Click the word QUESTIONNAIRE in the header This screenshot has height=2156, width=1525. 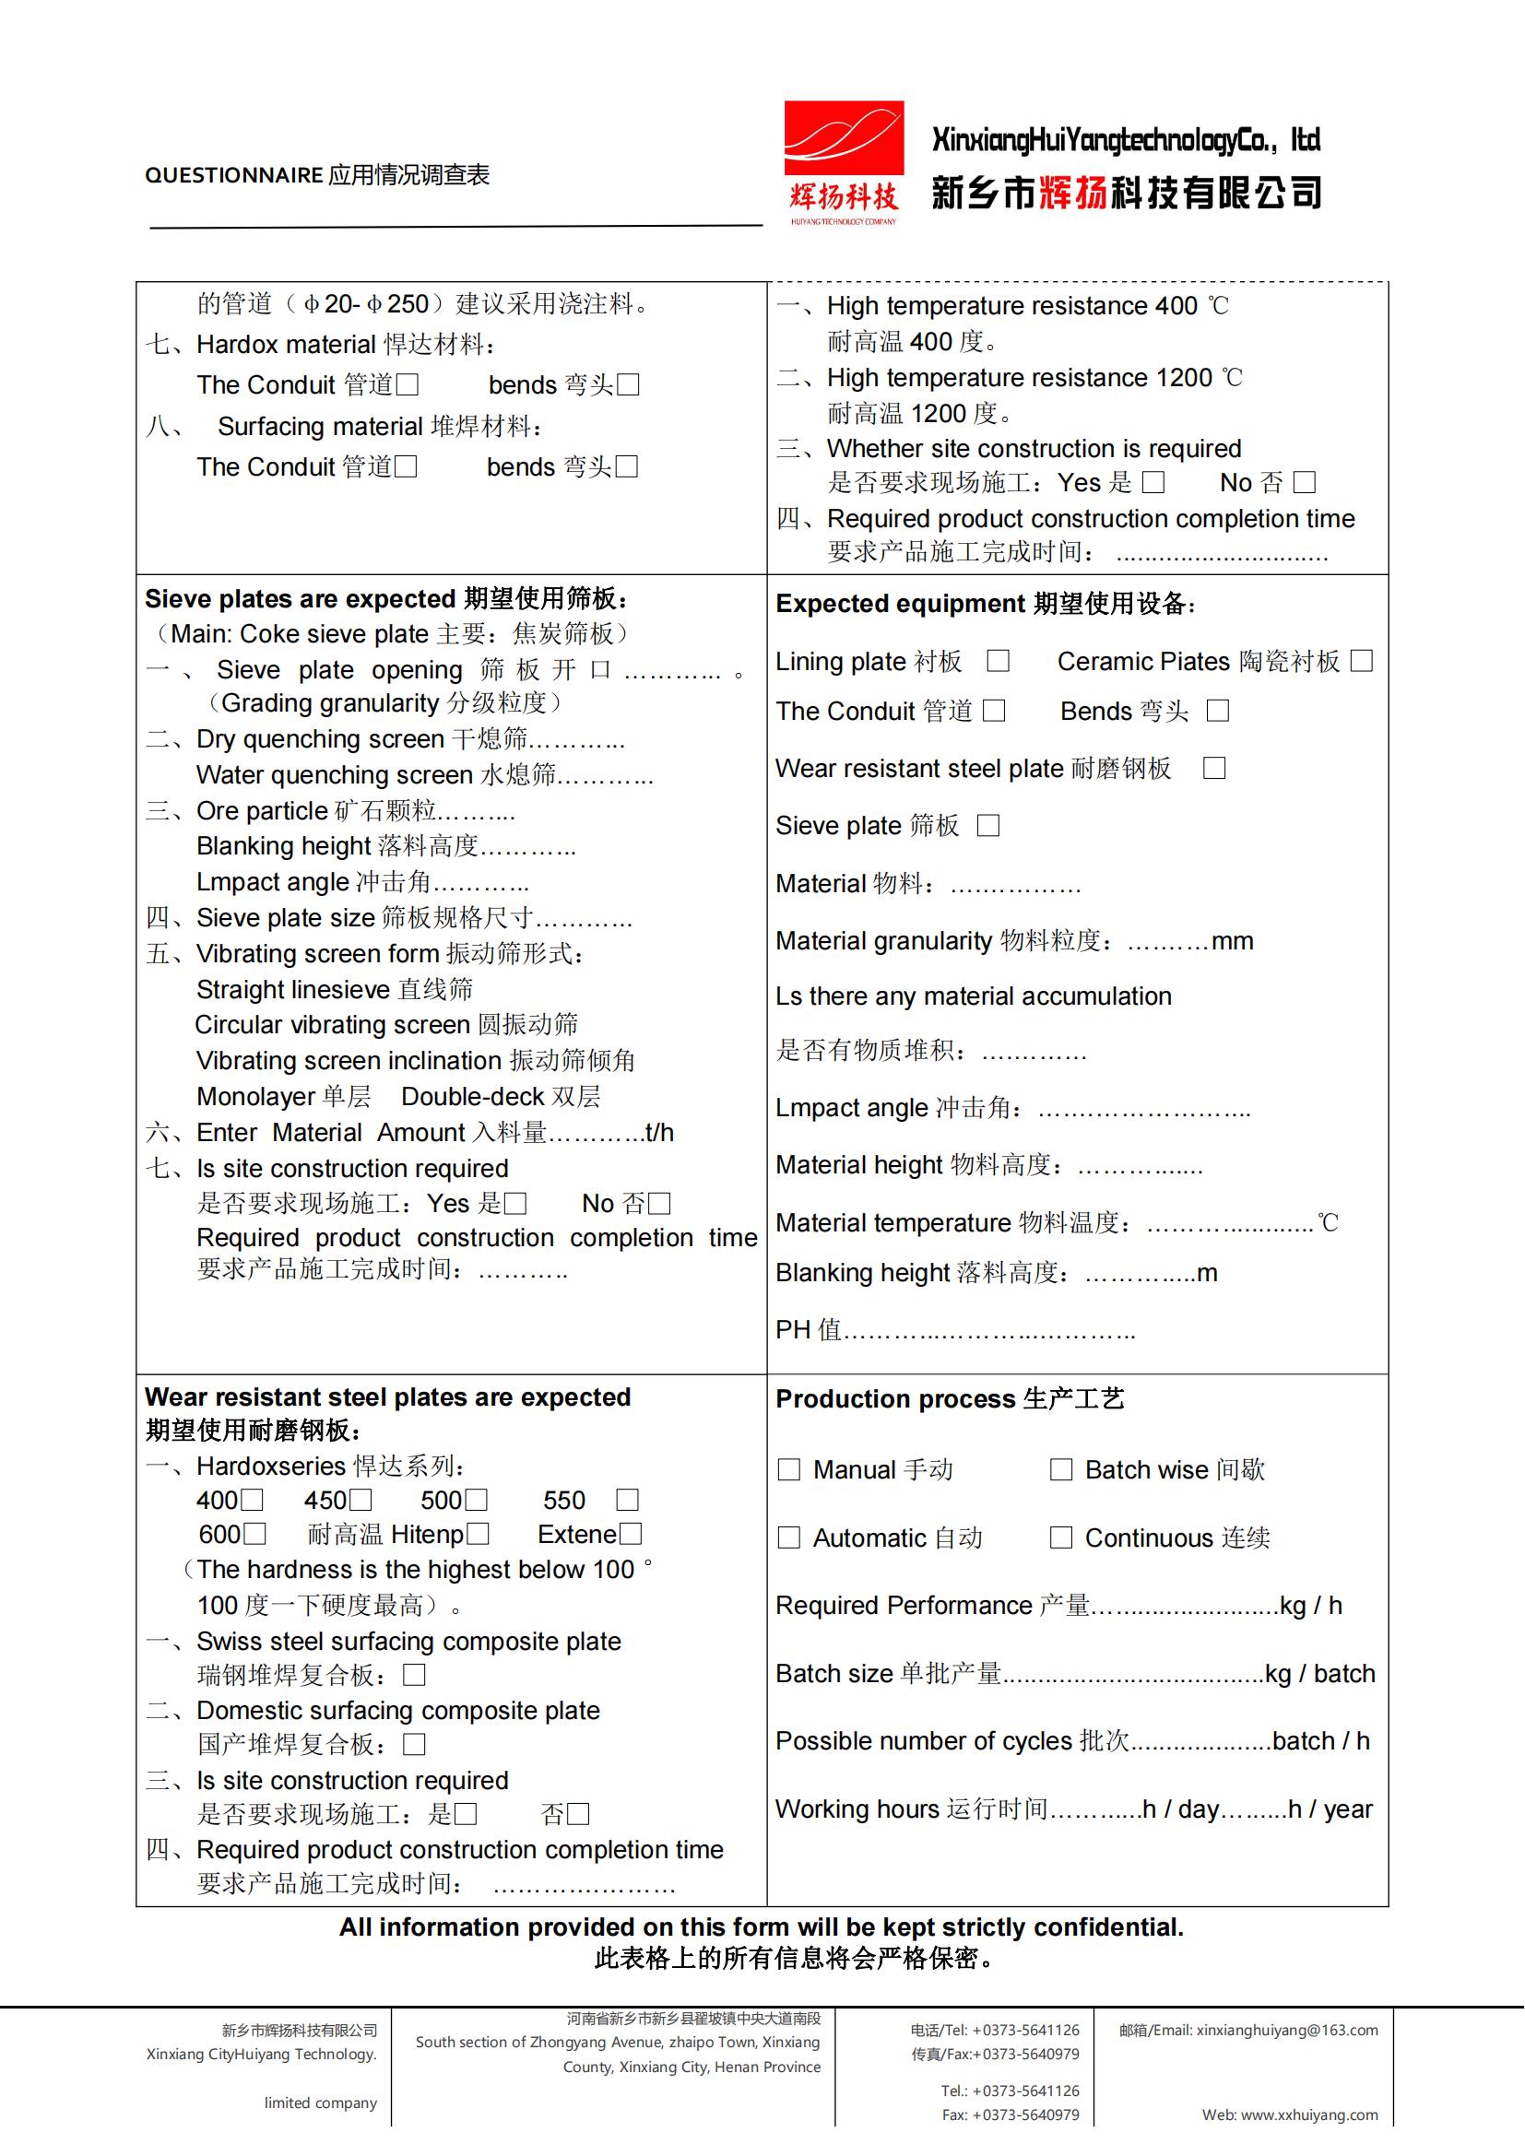(x=234, y=176)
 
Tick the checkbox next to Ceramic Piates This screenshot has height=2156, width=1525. (x=1362, y=661)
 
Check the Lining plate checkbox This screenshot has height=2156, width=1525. (x=999, y=661)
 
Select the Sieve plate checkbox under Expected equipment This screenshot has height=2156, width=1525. (x=987, y=825)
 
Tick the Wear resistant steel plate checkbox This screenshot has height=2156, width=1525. (x=1214, y=768)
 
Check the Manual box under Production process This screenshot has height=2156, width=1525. (x=789, y=1469)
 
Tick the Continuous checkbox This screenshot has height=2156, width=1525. (x=1061, y=1538)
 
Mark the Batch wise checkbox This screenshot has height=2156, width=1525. (x=1061, y=1469)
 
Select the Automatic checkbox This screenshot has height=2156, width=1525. (x=789, y=1538)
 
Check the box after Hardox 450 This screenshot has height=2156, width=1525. (x=361, y=1501)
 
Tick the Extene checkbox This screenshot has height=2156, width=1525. (x=631, y=1535)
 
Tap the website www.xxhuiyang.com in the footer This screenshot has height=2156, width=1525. (x=1309, y=2115)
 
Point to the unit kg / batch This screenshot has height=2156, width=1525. (x=1319, y=1673)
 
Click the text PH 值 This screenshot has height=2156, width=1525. (x=808, y=1330)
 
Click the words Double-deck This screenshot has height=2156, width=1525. (x=472, y=1097)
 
